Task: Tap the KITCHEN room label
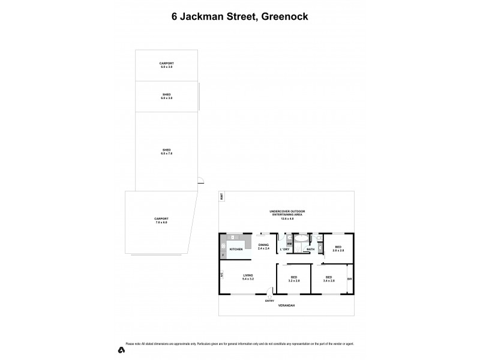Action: point(236,248)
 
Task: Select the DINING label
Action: point(263,245)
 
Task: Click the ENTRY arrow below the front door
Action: point(269,295)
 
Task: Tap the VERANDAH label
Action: point(286,305)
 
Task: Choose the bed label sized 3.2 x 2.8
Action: point(293,278)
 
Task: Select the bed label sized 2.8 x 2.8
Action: point(338,247)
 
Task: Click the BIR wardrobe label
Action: point(349,279)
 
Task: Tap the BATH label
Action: point(310,249)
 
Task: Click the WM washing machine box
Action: point(289,244)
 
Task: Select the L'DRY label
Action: point(284,249)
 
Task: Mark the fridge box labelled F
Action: point(223,256)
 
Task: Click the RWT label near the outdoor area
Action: point(221,196)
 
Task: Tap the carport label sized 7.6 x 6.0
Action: point(161,220)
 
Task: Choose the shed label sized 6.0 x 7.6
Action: point(166,151)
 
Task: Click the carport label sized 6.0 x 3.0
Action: point(166,65)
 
